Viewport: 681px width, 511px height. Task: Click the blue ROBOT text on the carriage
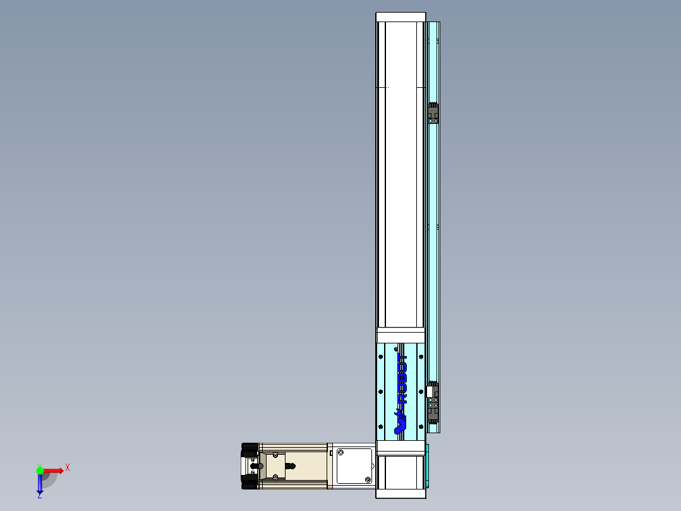[402, 379]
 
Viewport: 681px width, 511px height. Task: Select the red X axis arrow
[54, 471]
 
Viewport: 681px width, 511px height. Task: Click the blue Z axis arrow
[40, 484]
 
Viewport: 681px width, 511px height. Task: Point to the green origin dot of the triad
[40, 471]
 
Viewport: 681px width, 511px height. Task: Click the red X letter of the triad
[68, 467]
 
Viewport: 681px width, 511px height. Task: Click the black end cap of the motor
[250, 466]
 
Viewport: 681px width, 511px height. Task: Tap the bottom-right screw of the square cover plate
[367, 480]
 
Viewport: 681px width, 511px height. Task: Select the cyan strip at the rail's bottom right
[428, 466]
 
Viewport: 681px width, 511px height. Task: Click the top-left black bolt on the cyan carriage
[381, 357]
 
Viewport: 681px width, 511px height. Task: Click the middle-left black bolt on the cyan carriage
[381, 391]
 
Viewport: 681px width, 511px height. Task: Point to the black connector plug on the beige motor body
[290, 467]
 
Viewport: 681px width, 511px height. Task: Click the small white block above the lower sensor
[430, 391]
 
